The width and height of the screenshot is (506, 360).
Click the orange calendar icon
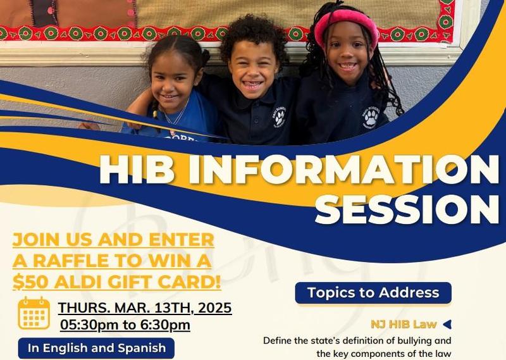34,313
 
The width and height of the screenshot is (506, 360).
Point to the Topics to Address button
373,293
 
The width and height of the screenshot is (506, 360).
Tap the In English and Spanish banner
96,348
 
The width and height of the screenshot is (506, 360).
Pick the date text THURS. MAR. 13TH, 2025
145,308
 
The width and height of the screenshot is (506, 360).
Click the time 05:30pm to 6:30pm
125,325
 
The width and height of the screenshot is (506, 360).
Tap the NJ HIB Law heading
404,325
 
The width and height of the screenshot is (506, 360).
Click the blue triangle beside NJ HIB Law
447,325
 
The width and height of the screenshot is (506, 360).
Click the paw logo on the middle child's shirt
279,117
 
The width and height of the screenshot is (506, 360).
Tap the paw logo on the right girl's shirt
370,116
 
